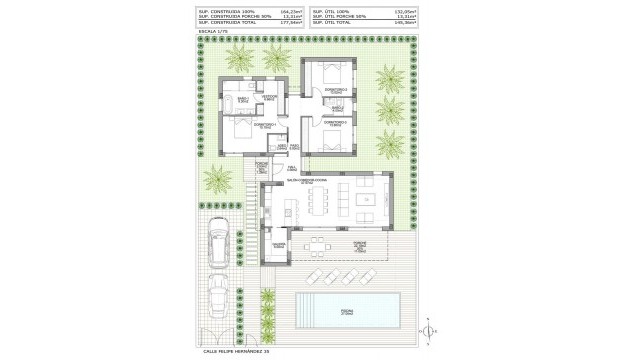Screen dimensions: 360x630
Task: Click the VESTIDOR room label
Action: [268, 96]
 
